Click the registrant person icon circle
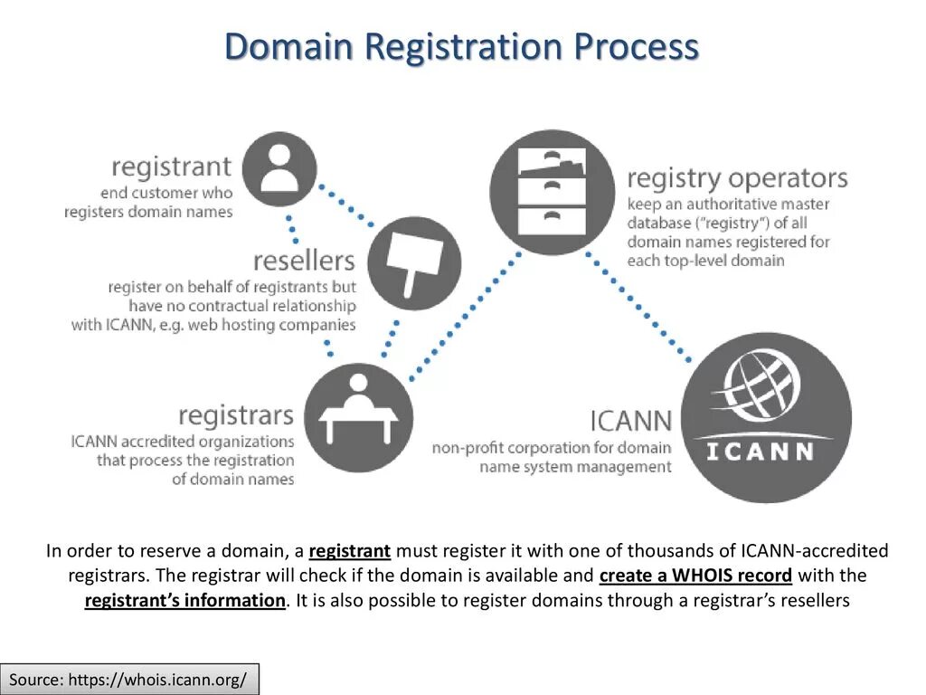(279, 169)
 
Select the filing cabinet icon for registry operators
(551, 192)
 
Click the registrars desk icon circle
(358, 417)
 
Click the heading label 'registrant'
(172, 167)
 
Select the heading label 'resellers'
(304, 262)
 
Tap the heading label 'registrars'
(236, 415)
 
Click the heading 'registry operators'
(737, 177)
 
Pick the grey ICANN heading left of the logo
(630, 421)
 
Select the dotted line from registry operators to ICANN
(642, 307)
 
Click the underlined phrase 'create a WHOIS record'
(695, 576)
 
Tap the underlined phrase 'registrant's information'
(184, 601)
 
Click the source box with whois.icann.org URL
(129, 679)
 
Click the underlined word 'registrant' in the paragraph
(349, 551)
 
